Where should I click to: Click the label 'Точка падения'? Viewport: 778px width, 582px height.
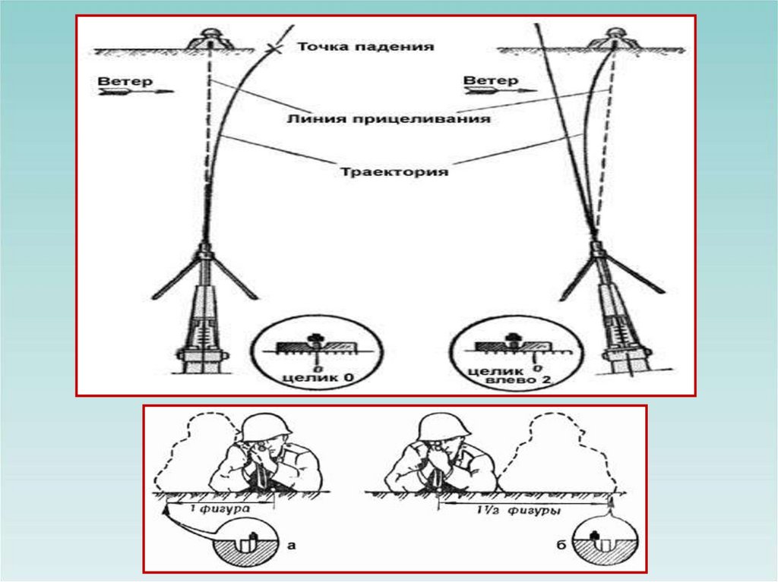click(x=365, y=46)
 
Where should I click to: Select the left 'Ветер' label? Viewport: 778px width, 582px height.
click(x=125, y=80)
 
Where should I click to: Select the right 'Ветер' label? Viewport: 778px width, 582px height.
click(x=491, y=80)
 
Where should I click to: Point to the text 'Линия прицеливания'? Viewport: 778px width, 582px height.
click(x=388, y=119)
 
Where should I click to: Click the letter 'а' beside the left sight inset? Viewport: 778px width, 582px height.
click(x=291, y=543)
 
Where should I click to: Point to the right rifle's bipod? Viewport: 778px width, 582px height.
click(x=599, y=269)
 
